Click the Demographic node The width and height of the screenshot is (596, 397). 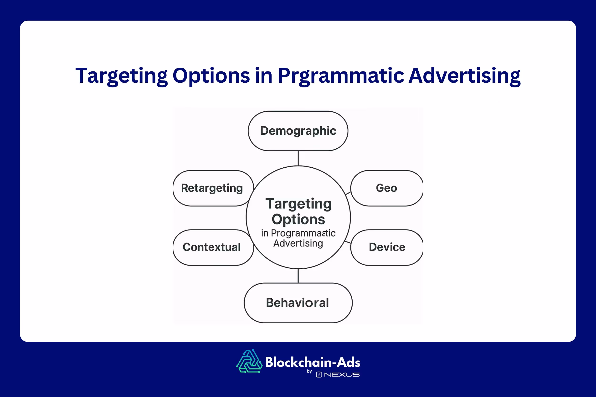pyautogui.click(x=298, y=131)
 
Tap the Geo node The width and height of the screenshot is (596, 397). pyautogui.click(x=386, y=188)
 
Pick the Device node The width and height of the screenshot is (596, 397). pyautogui.click(x=387, y=247)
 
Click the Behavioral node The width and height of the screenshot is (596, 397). pyautogui.click(x=298, y=303)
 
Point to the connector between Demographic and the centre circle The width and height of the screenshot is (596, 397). pyautogui.click(x=298, y=158)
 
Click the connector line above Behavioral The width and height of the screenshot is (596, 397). pyautogui.click(x=298, y=276)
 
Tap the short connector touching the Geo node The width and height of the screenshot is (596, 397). pyautogui.click(x=348, y=193)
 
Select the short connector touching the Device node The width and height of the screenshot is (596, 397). pyautogui.click(x=348, y=242)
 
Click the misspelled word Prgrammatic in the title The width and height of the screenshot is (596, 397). pyautogui.click(x=341, y=76)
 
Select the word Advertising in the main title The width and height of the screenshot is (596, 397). pyautogui.click(x=464, y=75)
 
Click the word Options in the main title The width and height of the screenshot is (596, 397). pyautogui.click(x=211, y=76)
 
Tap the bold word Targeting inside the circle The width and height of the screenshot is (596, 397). pyautogui.click(x=298, y=204)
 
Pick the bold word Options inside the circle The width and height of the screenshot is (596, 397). pyautogui.click(x=298, y=219)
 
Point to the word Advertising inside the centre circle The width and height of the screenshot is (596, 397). pyautogui.click(x=298, y=243)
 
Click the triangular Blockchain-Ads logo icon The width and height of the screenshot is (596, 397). pyautogui.click(x=249, y=361)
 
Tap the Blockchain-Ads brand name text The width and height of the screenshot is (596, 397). pyautogui.click(x=313, y=362)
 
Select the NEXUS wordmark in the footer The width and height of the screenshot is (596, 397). pyautogui.click(x=342, y=375)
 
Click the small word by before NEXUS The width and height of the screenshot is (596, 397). pyautogui.click(x=309, y=372)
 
